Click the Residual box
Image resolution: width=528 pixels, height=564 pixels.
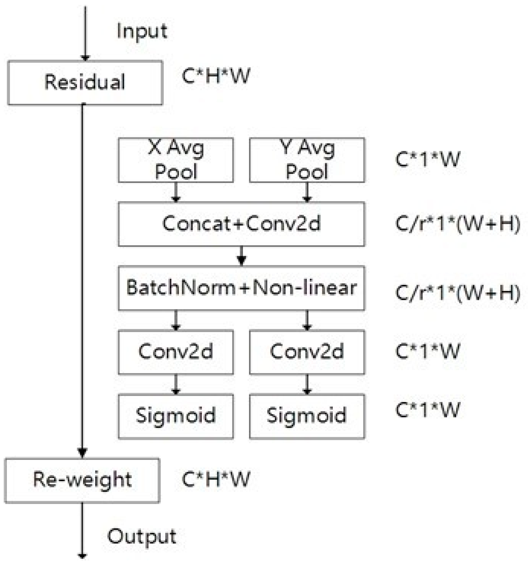(x=85, y=83)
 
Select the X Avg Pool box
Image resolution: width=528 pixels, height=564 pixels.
(x=176, y=160)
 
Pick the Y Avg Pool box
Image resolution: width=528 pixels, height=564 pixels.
(x=307, y=160)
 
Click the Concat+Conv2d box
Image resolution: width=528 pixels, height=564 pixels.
(x=242, y=224)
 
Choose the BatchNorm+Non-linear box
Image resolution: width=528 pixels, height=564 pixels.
(x=242, y=288)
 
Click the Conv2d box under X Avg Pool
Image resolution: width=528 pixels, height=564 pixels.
(x=176, y=352)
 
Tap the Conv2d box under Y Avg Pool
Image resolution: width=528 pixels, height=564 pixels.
(x=307, y=352)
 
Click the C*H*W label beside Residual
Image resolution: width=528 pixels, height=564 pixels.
(x=216, y=76)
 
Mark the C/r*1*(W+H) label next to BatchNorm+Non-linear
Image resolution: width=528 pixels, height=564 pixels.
(x=457, y=293)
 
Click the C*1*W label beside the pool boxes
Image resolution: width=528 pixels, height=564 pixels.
(x=427, y=159)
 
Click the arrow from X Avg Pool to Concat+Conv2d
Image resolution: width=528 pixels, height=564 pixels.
(x=176, y=192)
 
